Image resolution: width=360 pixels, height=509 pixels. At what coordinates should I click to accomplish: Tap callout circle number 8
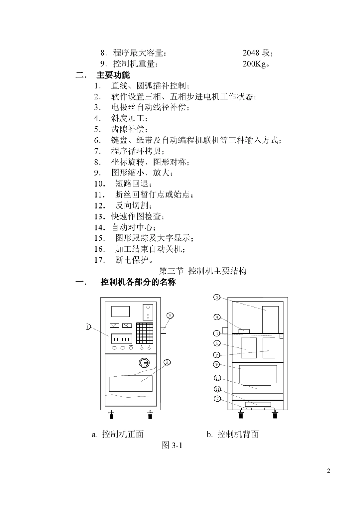pos(167,362)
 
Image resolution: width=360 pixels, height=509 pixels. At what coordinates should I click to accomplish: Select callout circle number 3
pos(217,297)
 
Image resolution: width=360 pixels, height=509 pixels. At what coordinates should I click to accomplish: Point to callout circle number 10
pos(218,378)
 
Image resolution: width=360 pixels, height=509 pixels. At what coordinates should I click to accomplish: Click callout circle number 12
pos(217,399)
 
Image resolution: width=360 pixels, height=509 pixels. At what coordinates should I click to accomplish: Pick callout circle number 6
pos(217,343)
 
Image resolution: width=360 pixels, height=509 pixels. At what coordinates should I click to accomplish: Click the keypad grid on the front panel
pos(145,333)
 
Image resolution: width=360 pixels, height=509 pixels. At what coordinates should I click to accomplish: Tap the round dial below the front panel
pos(144,363)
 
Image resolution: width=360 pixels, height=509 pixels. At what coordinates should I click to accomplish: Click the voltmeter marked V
pos(114,325)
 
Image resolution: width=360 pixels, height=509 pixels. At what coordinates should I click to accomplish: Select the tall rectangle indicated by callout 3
pos(270,319)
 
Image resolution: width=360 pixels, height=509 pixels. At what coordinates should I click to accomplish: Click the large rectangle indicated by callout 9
pos(258,374)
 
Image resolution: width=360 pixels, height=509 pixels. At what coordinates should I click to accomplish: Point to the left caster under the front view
pos(112,416)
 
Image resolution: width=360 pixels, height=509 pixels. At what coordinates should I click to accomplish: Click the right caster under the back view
pos(275,415)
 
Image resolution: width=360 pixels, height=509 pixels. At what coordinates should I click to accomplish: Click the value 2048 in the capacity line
pos(251,53)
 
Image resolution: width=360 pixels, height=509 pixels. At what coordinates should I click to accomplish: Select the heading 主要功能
pos(113,75)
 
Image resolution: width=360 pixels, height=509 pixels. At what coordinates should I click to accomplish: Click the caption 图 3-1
pos(172,445)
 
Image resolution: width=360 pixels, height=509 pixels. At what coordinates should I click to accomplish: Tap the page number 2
pos(329,471)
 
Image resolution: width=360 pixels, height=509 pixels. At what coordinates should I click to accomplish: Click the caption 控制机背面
pos(238,434)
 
